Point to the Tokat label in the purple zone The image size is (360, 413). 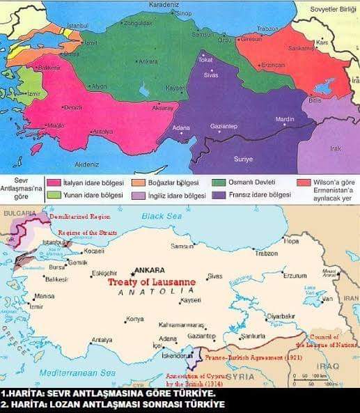[x=205, y=60]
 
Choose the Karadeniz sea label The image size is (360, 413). [x=164, y=3]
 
